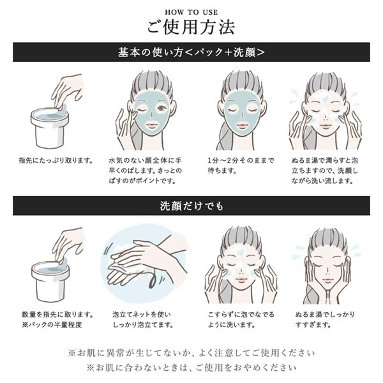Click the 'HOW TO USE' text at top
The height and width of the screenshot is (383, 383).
point(191,11)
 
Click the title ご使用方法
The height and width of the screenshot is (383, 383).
point(191,27)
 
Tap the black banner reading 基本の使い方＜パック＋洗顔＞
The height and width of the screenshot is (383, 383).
point(191,52)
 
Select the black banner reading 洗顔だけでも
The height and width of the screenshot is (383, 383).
point(191,206)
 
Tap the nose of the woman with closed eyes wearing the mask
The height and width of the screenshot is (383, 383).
point(241,115)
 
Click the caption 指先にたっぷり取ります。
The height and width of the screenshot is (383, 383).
point(56,160)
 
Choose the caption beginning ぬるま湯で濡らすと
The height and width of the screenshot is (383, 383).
point(326,171)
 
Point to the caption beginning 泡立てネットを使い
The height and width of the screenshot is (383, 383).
point(142,319)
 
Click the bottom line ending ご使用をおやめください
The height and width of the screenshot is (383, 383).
point(191,368)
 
